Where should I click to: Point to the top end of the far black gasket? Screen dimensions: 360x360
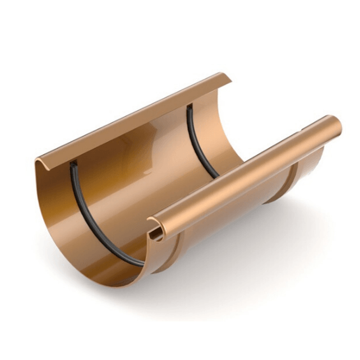click(189, 107)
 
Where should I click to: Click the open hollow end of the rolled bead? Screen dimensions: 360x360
click(156, 232)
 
